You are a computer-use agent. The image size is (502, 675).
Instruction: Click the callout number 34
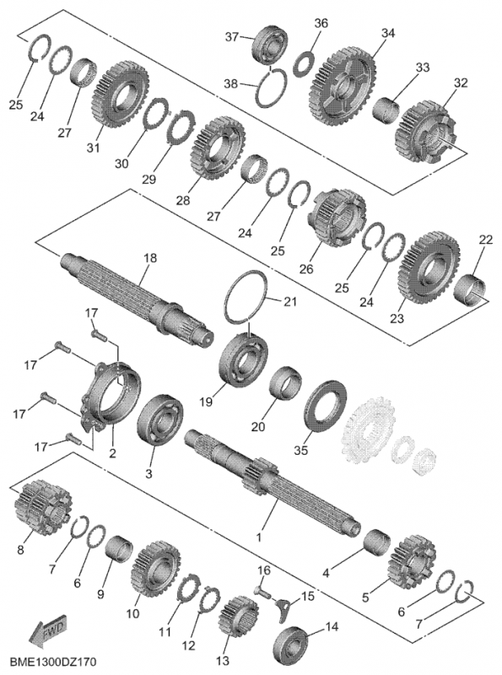387,33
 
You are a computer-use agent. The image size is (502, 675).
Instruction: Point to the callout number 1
259,536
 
